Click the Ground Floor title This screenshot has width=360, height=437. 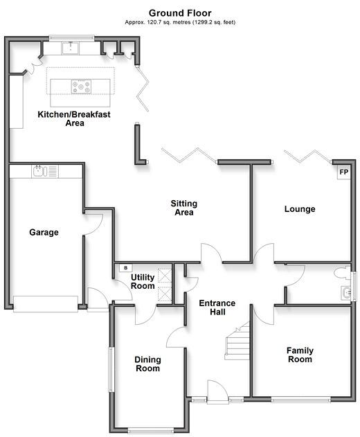180,13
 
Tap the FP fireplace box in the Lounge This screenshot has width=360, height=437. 343,172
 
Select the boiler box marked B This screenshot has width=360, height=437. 126,268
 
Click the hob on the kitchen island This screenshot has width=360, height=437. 81,87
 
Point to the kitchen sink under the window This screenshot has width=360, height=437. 71,48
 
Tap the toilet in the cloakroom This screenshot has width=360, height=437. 343,273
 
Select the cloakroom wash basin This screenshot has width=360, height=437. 346,293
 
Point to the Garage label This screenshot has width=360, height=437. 44,232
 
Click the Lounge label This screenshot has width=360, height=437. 300,209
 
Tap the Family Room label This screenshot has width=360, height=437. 300,355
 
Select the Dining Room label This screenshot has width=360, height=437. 147,364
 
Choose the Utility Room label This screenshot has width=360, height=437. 143,281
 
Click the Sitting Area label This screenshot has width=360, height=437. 184,208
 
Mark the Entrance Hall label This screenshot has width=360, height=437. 217,307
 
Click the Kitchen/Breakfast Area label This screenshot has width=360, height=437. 74,118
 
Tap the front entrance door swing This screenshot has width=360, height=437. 218,391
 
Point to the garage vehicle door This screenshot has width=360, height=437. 46,304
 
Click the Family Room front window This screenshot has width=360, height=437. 301,400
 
